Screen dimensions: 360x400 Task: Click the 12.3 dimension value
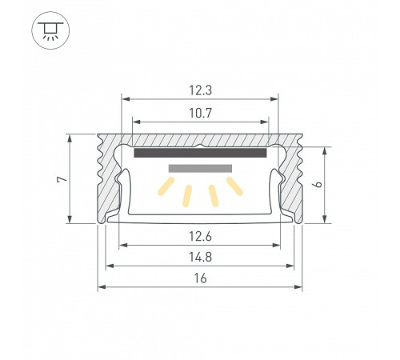pos(200,90)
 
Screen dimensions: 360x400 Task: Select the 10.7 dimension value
pos(200,113)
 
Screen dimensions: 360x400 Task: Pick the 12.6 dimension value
pos(200,235)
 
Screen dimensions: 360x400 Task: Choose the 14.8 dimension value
pos(200,256)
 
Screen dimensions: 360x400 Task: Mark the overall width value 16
pos(200,278)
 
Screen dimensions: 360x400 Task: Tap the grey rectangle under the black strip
pos(200,169)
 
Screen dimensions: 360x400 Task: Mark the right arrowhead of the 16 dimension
pos(300,286)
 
